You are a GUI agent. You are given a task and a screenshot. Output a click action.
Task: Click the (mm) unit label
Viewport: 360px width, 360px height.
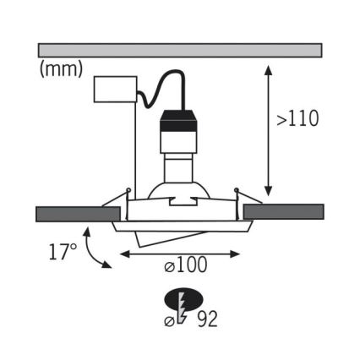tap(61, 69)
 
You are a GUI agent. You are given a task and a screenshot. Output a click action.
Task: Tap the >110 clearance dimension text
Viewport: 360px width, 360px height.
tap(298, 118)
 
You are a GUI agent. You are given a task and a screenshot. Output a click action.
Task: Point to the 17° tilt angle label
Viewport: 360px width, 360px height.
tap(63, 252)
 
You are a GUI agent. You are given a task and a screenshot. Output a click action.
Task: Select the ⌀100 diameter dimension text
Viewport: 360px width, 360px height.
tap(186, 265)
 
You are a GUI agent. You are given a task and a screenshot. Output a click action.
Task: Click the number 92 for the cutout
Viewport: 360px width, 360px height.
tap(207, 319)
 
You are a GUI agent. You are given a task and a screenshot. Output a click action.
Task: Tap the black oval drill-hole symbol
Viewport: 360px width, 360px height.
tap(183, 300)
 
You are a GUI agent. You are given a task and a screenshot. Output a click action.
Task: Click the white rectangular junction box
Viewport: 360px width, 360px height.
tap(116, 90)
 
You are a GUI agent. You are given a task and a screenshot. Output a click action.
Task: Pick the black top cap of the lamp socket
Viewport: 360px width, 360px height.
tap(178, 120)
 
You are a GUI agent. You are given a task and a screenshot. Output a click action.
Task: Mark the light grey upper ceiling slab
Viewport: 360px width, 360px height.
tap(180, 51)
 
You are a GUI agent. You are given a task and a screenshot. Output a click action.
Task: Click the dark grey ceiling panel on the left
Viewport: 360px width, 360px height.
tap(79, 214)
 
